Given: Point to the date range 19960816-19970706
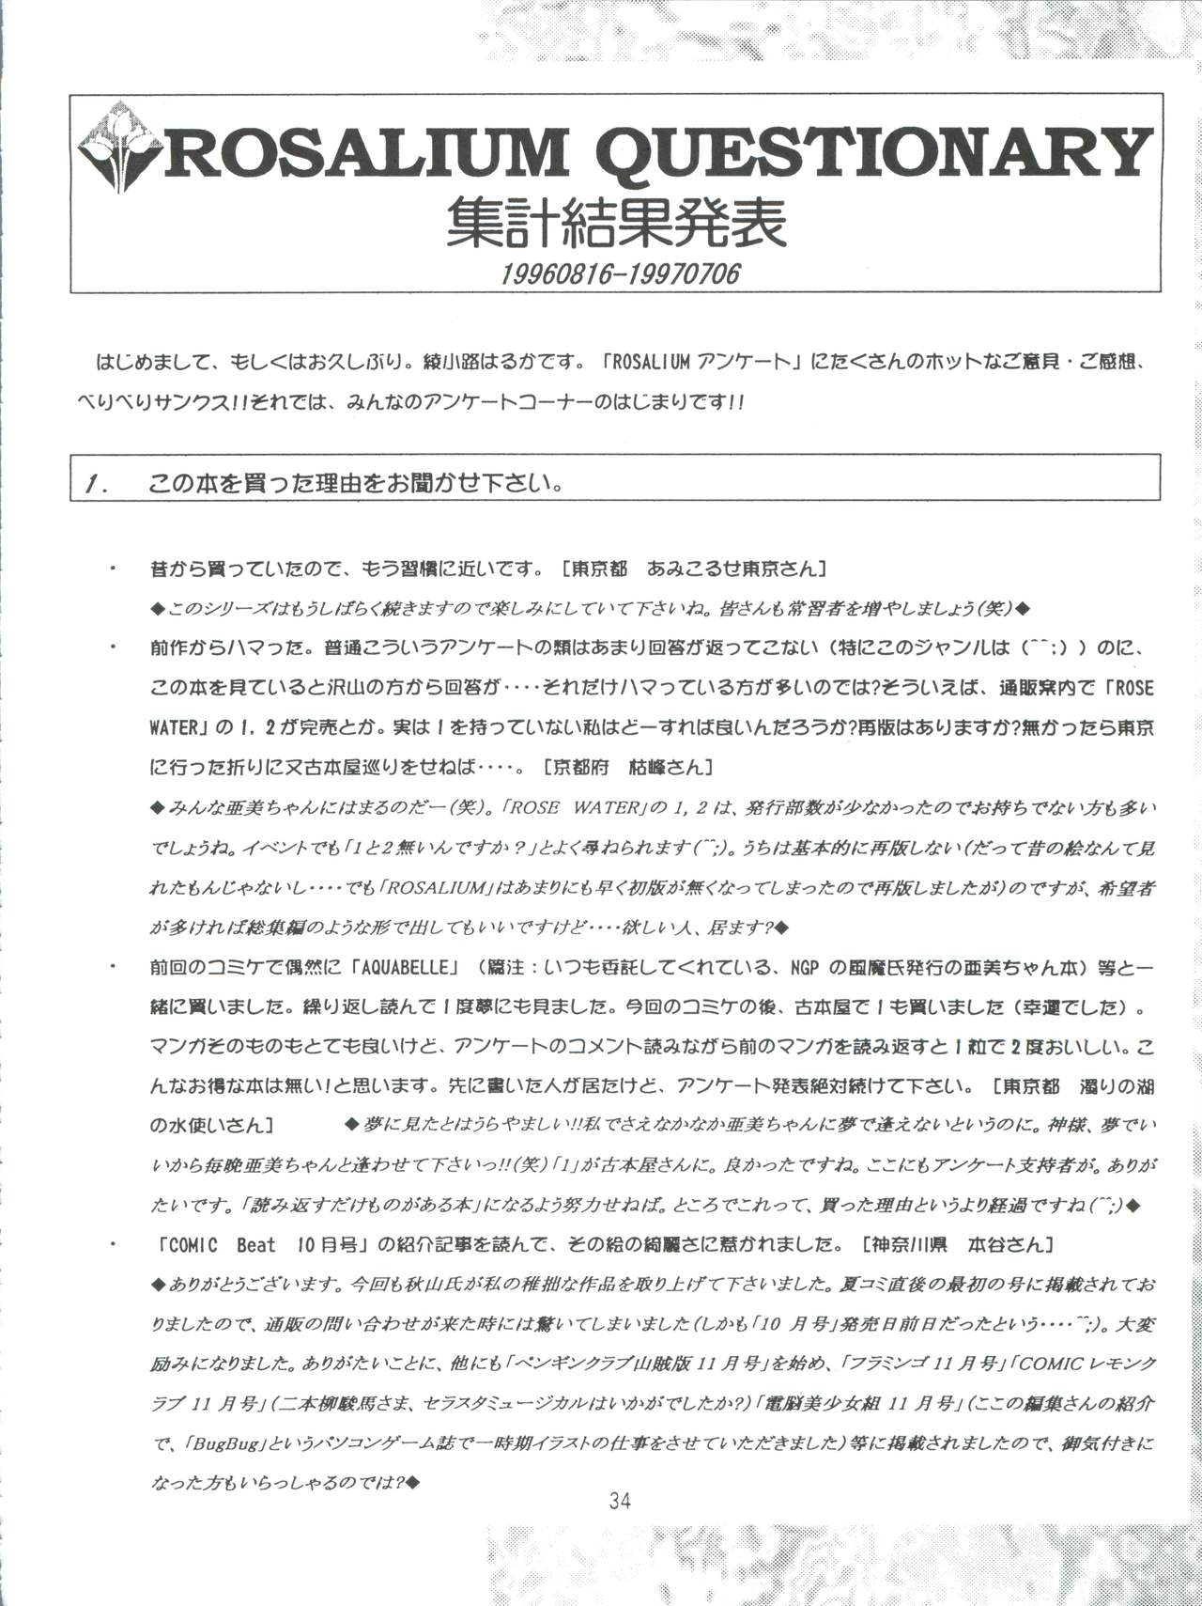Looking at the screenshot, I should click(621, 273).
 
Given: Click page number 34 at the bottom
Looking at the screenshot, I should click(620, 1501).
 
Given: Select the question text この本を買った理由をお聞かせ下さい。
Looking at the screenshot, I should click(357, 486).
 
